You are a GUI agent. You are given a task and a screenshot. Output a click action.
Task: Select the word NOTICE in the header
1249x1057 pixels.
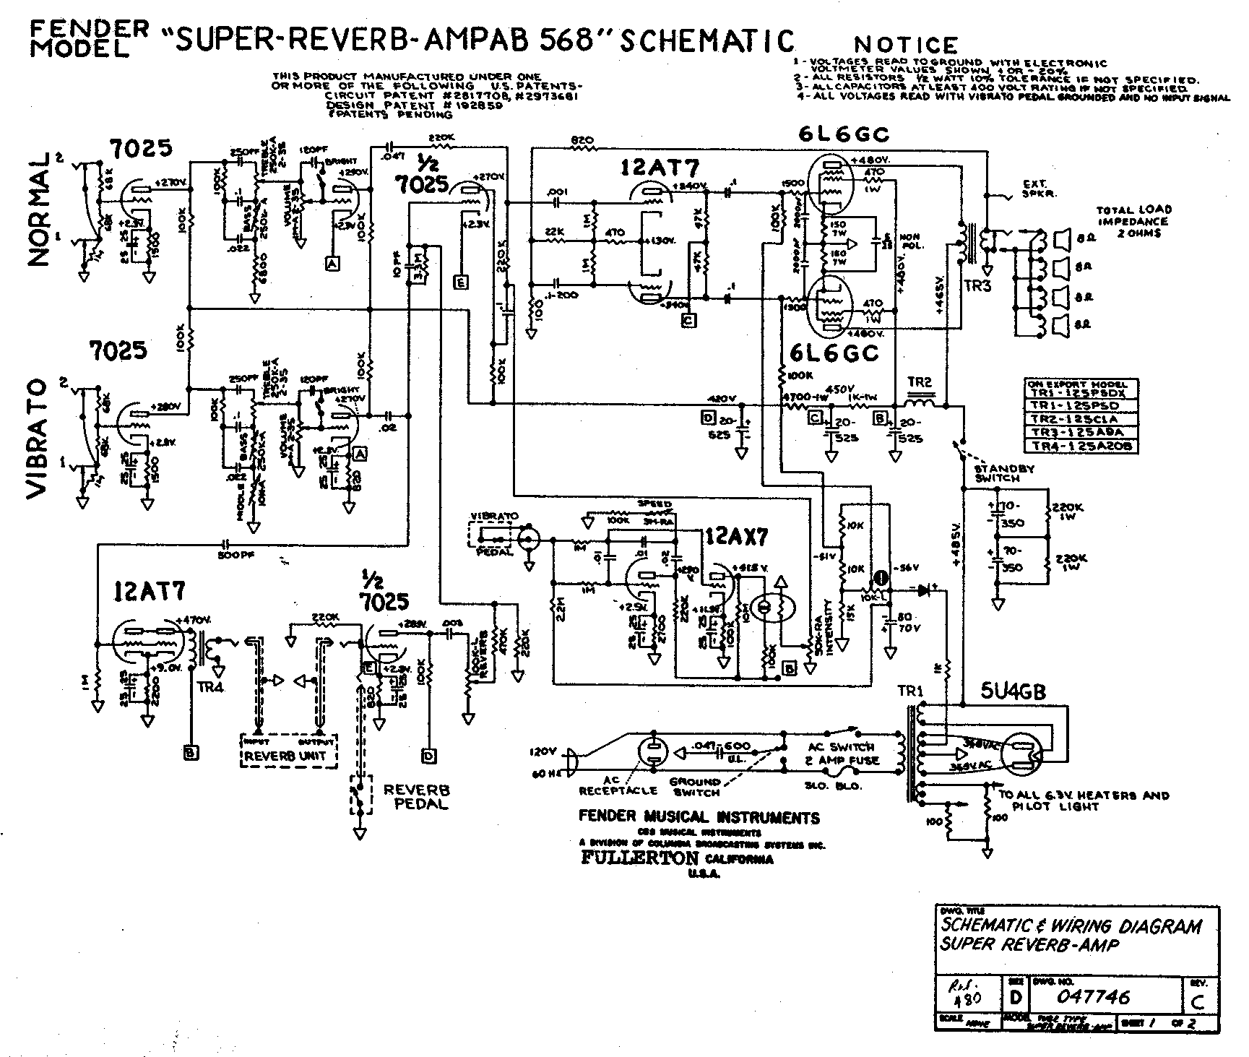(906, 45)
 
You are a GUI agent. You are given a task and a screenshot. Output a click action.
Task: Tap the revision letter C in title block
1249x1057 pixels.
(1199, 1001)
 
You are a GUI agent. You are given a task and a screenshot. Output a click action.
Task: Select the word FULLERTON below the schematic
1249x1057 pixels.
(639, 858)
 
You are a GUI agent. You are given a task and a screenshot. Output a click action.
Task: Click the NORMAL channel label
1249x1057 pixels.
(41, 210)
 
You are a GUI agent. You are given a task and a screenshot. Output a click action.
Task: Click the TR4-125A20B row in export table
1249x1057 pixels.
(1080, 446)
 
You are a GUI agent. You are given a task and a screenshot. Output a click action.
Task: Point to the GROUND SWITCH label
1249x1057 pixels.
(695, 787)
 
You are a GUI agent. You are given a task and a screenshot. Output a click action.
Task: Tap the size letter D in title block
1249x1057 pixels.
(1016, 998)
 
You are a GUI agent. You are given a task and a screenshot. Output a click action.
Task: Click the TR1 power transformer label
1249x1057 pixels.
(910, 691)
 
